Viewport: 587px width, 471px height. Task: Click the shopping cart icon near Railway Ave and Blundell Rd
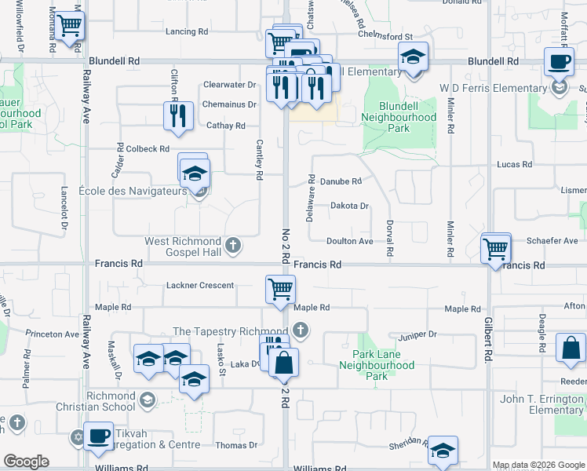[69, 27]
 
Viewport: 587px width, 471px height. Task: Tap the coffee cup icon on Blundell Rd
[559, 60]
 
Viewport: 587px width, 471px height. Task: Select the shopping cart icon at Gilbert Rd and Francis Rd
[496, 249]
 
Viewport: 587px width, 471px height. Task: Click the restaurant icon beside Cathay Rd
[179, 116]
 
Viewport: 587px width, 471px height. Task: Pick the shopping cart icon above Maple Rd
[280, 289]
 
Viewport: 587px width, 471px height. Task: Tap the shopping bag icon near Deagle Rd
[571, 348]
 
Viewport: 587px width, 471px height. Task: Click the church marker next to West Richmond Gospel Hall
[232, 246]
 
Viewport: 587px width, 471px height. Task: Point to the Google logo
[26, 462]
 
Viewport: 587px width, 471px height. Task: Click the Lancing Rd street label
[187, 31]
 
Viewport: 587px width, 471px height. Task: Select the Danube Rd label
[341, 181]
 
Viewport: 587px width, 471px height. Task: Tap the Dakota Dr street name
[349, 206]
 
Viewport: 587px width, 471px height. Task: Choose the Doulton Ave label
[350, 241]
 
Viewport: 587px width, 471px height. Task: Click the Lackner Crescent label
[200, 285]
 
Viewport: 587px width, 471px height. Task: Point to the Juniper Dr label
[417, 334]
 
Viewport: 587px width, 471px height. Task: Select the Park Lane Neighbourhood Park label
[377, 365]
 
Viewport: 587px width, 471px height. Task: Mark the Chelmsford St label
[385, 37]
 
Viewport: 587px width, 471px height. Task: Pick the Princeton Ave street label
[52, 334]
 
